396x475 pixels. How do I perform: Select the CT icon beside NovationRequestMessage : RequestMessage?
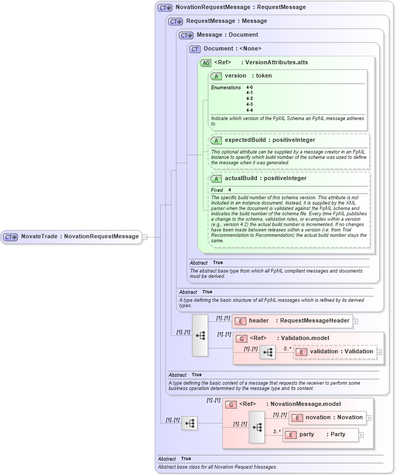[165, 8]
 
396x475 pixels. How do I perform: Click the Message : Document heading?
[227, 35]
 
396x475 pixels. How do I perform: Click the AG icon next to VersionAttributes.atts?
[205, 63]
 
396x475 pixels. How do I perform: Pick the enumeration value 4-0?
[249, 87]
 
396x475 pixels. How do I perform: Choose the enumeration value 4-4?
[249, 110]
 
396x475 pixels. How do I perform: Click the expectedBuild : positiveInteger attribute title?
[270, 140]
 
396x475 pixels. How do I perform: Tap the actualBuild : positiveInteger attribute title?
[265, 179]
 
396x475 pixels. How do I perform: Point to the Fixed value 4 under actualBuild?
[230, 190]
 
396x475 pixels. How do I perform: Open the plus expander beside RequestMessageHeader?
[356, 321]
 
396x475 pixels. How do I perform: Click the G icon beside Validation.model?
[242, 338]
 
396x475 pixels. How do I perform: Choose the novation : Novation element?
[334, 418]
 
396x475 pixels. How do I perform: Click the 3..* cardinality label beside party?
[277, 431]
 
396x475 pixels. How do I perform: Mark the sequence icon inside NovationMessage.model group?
[257, 427]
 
